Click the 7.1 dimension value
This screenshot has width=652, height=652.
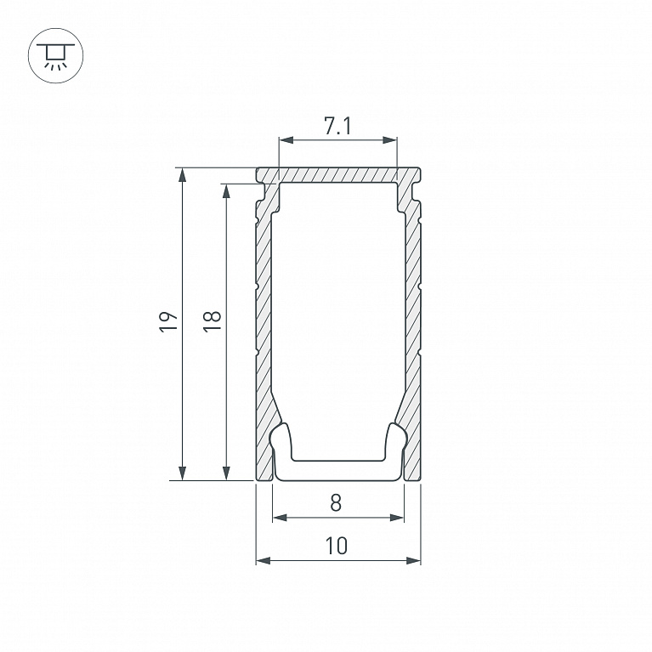pyautogui.click(x=337, y=126)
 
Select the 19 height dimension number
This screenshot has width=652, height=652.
pyautogui.click(x=168, y=321)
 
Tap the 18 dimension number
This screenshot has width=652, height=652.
pyautogui.click(x=212, y=321)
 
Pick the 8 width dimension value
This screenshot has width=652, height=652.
pyautogui.click(x=336, y=502)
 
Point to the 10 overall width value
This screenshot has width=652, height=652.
pyautogui.click(x=337, y=546)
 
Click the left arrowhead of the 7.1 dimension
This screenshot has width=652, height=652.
pyautogui.click(x=286, y=140)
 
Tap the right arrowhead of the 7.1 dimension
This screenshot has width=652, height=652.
pyautogui.click(x=389, y=140)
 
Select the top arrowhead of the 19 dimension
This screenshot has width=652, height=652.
pyautogui.click(x=182, y=175)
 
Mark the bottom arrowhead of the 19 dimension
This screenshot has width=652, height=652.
pyautogui.click(x=182, y=473)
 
